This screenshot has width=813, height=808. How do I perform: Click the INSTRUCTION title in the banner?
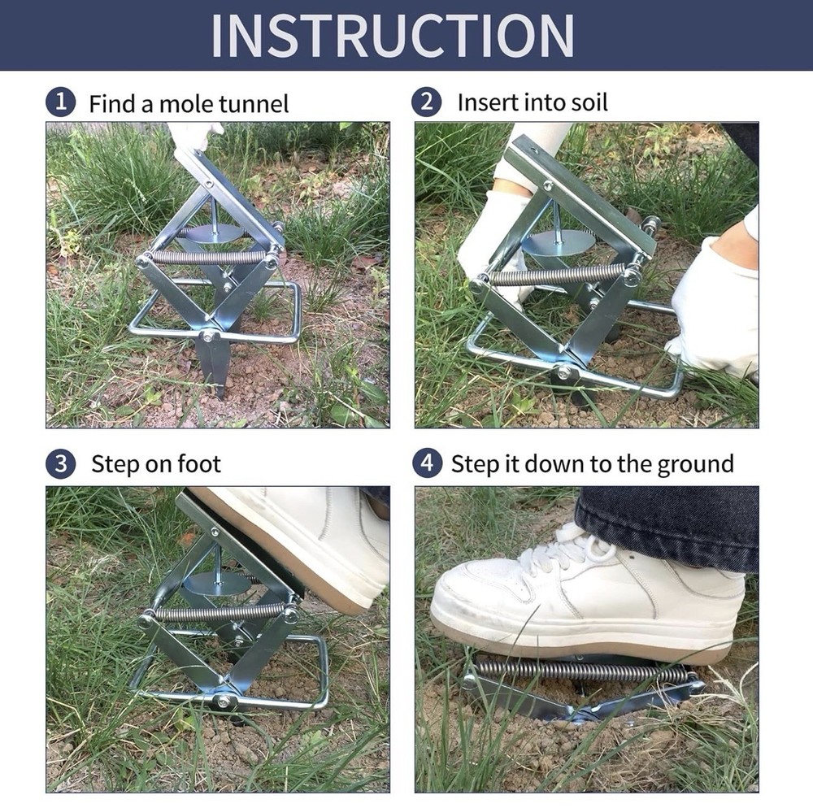pos(393,35)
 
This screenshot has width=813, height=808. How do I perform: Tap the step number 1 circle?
pos(60,103)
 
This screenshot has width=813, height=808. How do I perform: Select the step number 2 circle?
pos(427,102)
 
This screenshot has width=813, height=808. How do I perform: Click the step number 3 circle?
pos(60,464)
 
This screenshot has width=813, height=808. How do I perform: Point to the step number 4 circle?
pos(427,464)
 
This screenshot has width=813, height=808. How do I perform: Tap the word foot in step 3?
pos(199,464)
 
